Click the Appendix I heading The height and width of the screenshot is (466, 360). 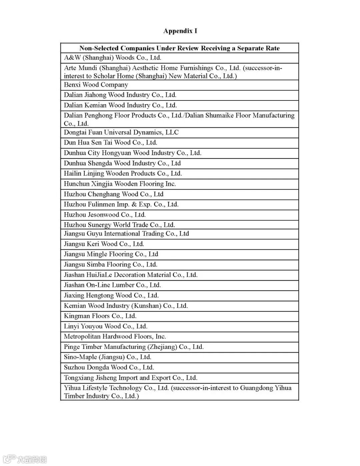(x=180, y=31)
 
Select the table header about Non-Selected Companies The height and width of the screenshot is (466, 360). (x=179, y=48)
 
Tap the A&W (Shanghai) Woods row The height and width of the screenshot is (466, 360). (x=113, y=58)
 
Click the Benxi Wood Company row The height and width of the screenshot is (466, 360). (x=96, y=85)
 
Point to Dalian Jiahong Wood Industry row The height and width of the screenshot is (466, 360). (x=120, y=95)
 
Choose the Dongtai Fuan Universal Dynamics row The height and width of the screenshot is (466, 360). (x=121, y=132)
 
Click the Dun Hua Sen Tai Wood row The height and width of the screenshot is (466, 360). (x=110, y=143)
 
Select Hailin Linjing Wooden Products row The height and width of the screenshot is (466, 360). (x=123, y=173)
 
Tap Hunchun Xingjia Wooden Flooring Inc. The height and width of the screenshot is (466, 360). (x=120, y=184)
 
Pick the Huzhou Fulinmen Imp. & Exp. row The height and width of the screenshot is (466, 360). (x=121, y=204)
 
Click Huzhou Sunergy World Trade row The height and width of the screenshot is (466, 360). (x=119, y=225)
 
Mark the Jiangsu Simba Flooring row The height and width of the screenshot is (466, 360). (x=110, y=265)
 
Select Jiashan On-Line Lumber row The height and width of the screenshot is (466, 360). (x=112, y=285)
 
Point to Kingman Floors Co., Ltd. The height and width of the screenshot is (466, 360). (x=100, y=316)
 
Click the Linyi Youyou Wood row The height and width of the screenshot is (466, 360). (x=105, y=326)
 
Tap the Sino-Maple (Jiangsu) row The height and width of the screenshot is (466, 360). (x=107, y=357)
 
